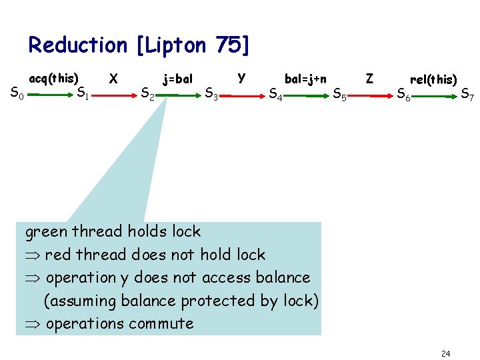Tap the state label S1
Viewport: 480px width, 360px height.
point(83,93)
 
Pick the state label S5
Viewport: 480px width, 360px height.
point(339,95)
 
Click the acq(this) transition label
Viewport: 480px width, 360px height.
point(54,78)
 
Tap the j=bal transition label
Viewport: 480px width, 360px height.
point(178,79)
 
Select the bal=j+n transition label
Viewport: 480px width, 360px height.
point(305,79)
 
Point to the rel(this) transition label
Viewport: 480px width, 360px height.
point(433,79)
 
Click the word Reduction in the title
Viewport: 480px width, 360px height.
point(77,45)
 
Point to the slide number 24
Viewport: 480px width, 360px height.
point(446,352)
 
